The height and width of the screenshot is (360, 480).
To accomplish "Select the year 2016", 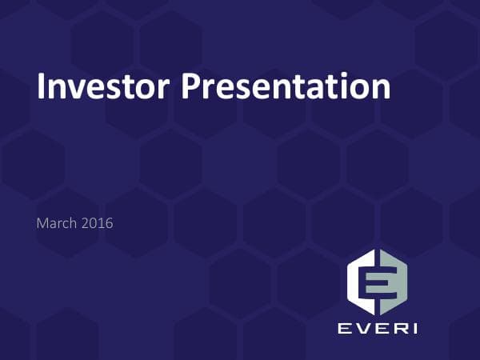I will click(x=98, y=223).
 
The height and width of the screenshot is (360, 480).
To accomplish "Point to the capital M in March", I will click(x=42, y=223).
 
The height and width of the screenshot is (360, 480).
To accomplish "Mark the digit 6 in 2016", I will click(x=109, y=223).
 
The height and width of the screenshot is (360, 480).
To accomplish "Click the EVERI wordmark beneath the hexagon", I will click(x=378, y=328).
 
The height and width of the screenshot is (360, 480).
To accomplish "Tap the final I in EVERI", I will click(x=413, y=328).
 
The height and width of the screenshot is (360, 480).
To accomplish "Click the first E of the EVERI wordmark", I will click(x=345, y=328).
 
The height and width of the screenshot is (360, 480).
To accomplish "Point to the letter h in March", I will click(x=73, y=223).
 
